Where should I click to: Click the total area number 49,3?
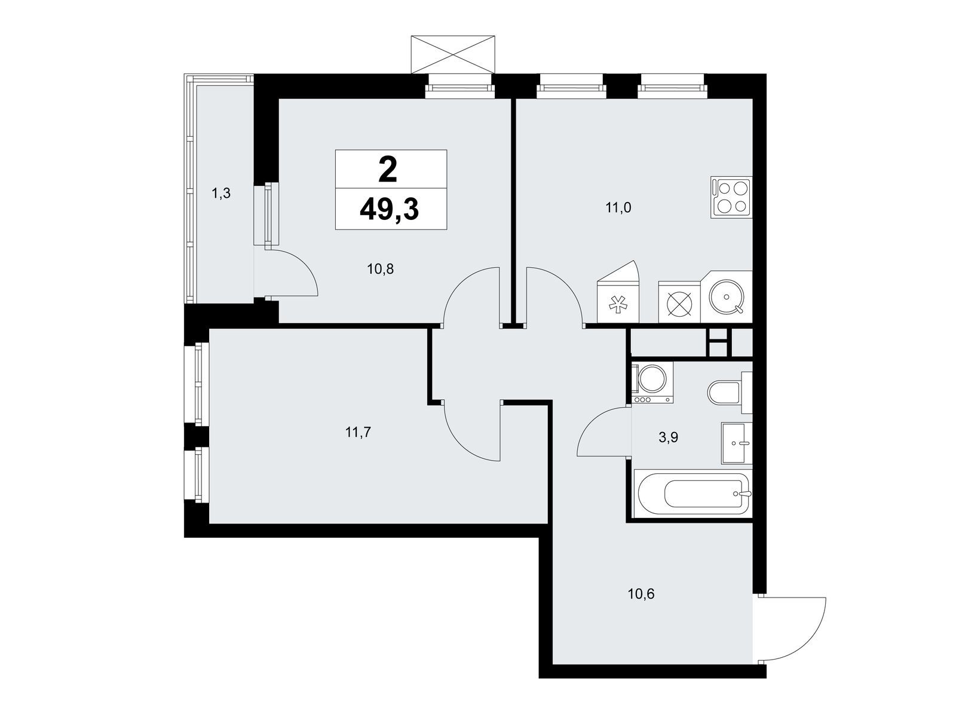coord(389,210)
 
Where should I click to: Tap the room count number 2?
coord(388,170)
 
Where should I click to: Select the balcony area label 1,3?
coord(221,194)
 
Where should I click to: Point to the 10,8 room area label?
coord(380,269)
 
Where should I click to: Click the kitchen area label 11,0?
coord(618,208)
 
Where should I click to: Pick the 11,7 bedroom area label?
coord(357,433)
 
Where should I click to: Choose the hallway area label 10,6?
coord(641,594)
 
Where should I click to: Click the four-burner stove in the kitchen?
coord(731,197)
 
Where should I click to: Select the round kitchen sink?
coord(726,297)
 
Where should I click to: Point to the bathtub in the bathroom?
coord(693,494)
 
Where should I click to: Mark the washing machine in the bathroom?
coord(651,382)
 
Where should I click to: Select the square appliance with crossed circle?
coord(679,302)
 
